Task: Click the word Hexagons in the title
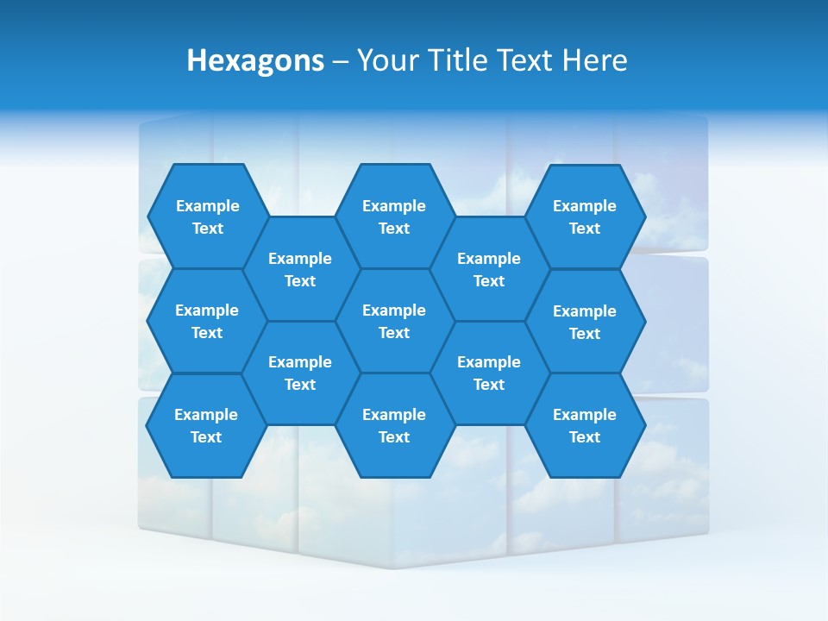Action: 255,60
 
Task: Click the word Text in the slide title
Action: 526,60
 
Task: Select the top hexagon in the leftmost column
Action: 207,216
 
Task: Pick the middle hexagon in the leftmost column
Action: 207,321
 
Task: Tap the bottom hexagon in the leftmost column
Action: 206,425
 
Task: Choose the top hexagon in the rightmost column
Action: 585,216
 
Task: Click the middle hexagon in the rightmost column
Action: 585,322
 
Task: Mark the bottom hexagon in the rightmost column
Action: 585,425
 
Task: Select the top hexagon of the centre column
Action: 394,216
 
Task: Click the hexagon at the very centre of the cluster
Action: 394,321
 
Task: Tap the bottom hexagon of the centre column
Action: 394,425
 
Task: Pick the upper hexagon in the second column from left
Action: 300,269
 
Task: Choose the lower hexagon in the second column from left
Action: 300,373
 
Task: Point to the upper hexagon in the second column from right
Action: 489,269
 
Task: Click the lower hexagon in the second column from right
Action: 489,373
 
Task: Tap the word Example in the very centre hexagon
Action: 394,310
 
